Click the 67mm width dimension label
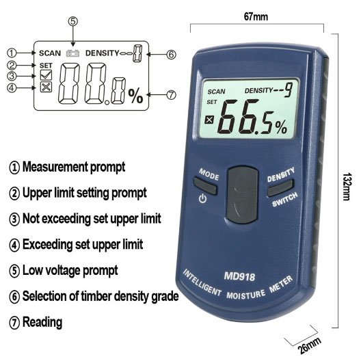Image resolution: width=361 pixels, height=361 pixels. point(256,17)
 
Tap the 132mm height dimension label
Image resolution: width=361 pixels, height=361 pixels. point(347,186)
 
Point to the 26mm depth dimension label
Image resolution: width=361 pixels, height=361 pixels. point(309,345)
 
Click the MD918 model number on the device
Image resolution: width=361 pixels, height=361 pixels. point(239,276)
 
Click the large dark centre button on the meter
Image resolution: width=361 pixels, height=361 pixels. point(242,195)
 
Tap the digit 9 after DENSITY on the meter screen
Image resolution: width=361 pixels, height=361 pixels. point(289,90)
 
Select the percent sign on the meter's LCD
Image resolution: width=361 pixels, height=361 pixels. point(281,127)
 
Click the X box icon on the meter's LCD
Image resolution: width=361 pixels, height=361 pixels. point(209,120)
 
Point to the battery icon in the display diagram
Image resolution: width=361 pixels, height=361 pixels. point(72,53)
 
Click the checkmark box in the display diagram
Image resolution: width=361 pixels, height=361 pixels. point(46,75)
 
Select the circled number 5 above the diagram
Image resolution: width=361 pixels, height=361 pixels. point(72,21)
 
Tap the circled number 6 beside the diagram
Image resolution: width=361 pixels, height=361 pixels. point(171,55)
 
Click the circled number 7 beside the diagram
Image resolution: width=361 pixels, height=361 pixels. point(171,95)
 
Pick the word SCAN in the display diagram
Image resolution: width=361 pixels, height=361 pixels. point(50,53)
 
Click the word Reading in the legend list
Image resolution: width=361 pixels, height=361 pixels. point(42,322)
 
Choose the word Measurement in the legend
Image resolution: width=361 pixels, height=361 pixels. point(55,166)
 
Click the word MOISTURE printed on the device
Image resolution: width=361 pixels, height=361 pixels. point(245,295)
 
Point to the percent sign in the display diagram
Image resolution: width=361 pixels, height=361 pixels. point(135,96)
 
